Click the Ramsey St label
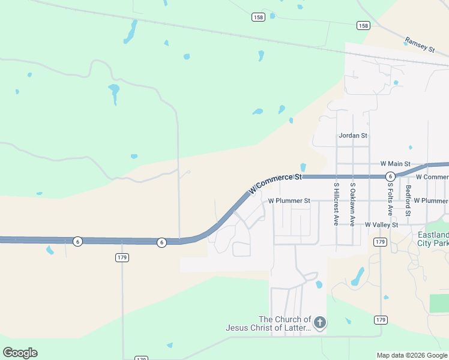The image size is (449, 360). click(x=419, y=45)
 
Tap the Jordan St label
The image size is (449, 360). click(x=353, y=136)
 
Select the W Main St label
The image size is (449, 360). click(x=395, y=164)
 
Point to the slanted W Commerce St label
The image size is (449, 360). click(x=275, y=184)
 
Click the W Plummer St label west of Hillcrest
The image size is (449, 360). click(x=289, y=200)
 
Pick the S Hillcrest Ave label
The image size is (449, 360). click(x=336, y=204)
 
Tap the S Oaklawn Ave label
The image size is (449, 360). click(x=352, y=204)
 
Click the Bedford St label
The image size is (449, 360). click(x=408, y=200)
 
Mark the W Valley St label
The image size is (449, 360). click(x=382, y=224)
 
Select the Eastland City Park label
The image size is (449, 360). click(x=433, y=239)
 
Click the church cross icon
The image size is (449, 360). click(x=320, y=323)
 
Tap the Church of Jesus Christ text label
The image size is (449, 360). click(x=268, y=323)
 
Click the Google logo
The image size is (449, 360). click(x=20, y=353)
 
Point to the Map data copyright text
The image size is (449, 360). click(x=412, y=355)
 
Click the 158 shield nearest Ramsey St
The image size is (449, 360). click(x=363, y=25)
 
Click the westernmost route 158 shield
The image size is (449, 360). click(x=258, y=17)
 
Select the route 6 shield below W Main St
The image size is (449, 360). click(x=390, y=176)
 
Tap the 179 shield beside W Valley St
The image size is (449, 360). click(x=379, y=242)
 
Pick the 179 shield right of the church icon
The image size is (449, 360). click(x=381, y=320)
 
